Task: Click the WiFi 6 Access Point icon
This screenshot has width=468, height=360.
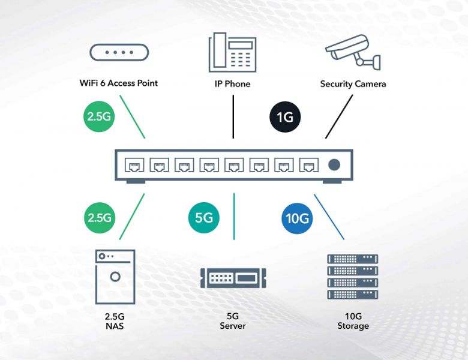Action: [x=119, y=52]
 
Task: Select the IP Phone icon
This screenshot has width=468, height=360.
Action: [x=232, y=53]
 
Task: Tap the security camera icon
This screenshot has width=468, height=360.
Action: [x=353, y=53]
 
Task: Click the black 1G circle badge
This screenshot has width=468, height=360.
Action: [x=285, y=116]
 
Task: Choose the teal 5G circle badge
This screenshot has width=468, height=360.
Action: [x=204, y=218]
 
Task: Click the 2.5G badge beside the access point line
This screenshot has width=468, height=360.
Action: [x=99, y=116]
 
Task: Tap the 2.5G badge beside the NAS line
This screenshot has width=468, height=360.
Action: [x=99, y=218]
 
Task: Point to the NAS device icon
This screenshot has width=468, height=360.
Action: [x=115, y=277]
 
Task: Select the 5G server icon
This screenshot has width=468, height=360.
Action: [x=233, y=278]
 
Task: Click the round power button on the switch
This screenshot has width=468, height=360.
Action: [x=335, y=164]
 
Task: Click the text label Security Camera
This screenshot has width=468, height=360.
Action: [x=353, y=84]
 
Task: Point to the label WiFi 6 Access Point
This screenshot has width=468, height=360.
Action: [x=119, y=83]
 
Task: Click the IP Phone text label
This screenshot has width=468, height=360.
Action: [x=232, y=84]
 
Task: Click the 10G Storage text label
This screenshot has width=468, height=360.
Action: [x=353, y=320]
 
